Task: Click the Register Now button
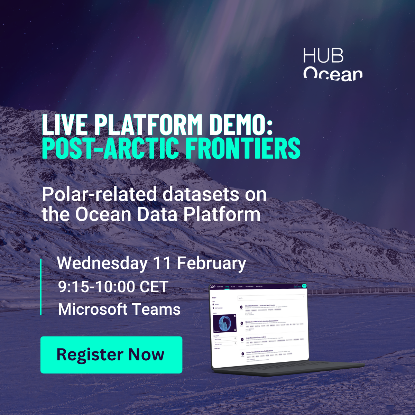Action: (x=111, y=355)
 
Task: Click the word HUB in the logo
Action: (x=323, y=56)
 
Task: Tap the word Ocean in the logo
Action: (x=333, y=73)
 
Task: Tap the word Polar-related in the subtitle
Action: (x=100, y=194)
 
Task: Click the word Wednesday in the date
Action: (x=102, y=264)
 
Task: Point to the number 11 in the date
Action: (x=162, y=263)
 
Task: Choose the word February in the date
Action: (x=212, y=264)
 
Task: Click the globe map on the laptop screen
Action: (x=224, y=323)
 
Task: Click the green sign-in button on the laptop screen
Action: (x=304, y=286)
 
